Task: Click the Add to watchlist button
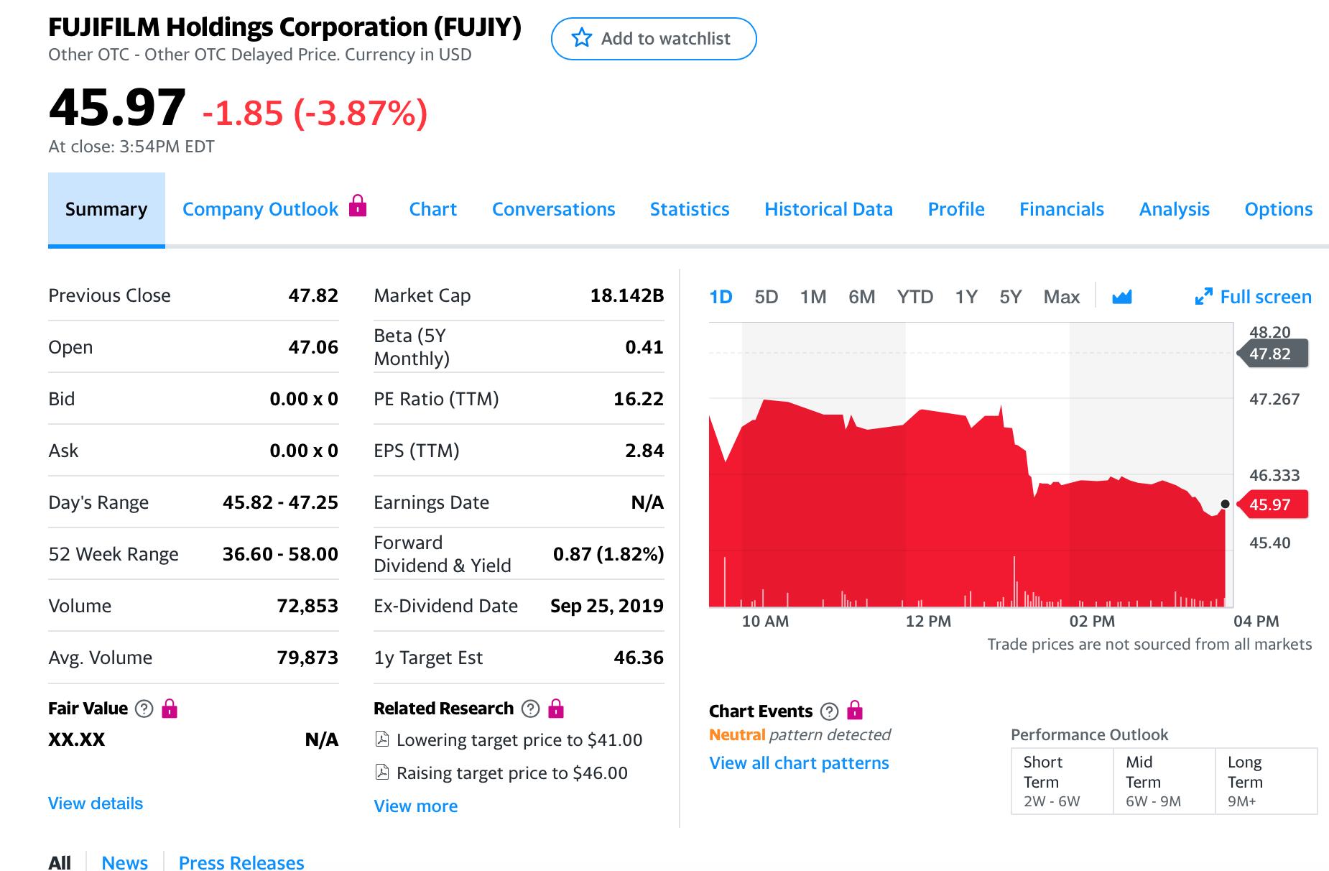(x=653, y=39)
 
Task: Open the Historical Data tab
(x=828, y=209)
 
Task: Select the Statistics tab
(x=689, y=209)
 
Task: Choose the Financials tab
(x=1061, y=209)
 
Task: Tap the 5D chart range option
(x=766, y=297)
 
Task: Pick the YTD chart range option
(x=914, y=297)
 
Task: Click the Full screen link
(x=1253, y=297)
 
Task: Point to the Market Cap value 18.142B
(x=626, y=295)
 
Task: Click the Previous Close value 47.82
(x=312, y=295)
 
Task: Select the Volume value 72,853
(x=307, y=606)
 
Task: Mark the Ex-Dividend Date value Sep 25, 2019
(x=606, y=606)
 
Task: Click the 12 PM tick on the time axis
(x=928, y=621)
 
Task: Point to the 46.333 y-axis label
(x=1274, y=475)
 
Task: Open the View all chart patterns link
(x=799, y=763)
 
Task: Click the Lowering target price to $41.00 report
(x=519, y=740)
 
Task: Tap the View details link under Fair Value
(x=96, y=803)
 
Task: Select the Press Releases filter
(x=241, y=862)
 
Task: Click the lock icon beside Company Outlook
(x=357, y=206)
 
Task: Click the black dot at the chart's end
(x=1225, y=504)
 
